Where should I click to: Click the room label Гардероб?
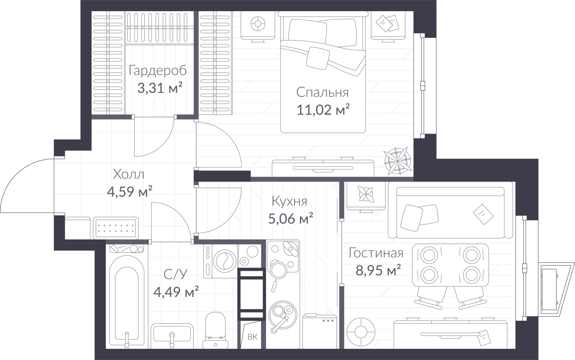(x=158, y=70)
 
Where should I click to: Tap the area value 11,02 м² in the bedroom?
(x=323, y=110)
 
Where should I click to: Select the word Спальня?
(x=323, y=92)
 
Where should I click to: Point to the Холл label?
(x=129, y=174)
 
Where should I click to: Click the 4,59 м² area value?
(x=130, y=191)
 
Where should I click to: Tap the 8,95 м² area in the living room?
(x=378, y=270)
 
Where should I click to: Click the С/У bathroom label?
(x=176, y=274)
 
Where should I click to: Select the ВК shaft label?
(x=253, y=337)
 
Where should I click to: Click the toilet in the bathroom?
(x=215, y=331)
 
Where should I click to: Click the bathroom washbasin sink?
(x=172, y=335)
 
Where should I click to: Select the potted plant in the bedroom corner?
(x=397, y=161)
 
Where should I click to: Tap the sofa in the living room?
(x=451, y=213)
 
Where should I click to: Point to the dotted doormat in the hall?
(x=115, y=228)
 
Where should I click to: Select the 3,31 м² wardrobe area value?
(x=160, y=88)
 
